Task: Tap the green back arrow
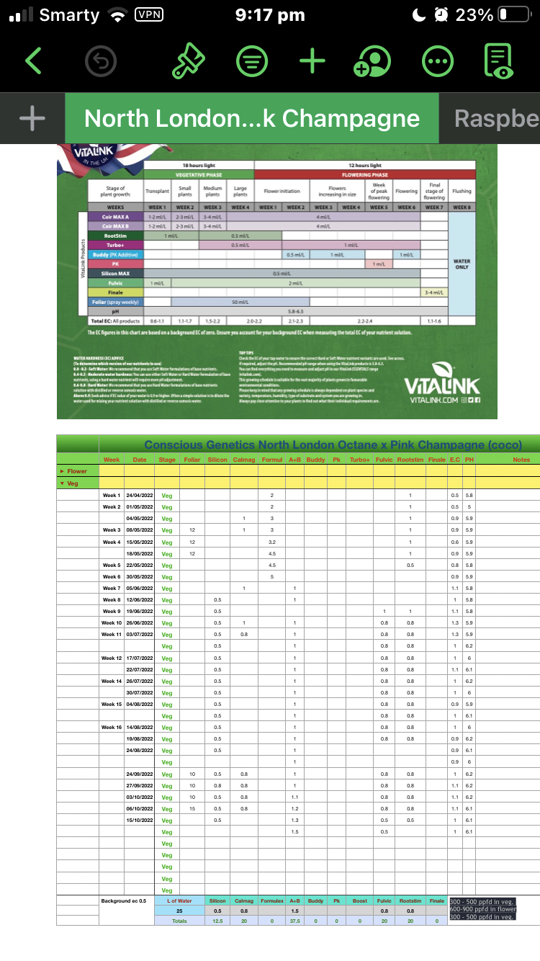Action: [x=33, y=61]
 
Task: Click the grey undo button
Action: [x=100, y=61]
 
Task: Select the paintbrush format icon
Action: [x=189, y=61]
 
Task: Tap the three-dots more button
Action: [x=436, y=61]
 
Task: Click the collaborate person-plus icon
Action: [x=372, y=61]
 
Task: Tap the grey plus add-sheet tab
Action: [x=32, y=119]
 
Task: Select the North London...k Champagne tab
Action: [x=252, y=119]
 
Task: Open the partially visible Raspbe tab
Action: [x=497, y=119]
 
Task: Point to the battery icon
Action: [x=513, y=14]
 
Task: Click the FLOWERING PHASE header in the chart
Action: [x=365, y=174]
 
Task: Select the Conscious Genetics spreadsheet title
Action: [x=333, y=444]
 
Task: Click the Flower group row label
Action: [x=77, y=471]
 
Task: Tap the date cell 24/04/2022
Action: [x=140, y=496]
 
